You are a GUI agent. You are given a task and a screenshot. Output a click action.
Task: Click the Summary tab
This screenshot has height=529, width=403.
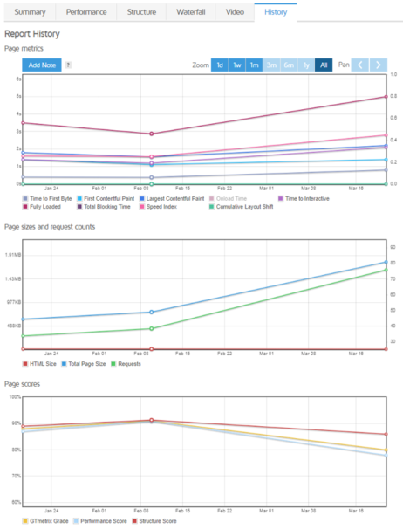click(x=29, y=12)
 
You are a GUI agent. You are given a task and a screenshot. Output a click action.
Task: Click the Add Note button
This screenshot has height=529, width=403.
click(x=41, y=65)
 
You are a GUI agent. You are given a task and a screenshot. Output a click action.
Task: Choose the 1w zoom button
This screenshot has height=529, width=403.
click(x=236, y=65)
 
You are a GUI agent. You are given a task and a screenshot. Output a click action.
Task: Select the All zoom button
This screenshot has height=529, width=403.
click(x=324, y=65)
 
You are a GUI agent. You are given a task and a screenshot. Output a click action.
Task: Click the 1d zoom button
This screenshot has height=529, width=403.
click(x=220, y=65)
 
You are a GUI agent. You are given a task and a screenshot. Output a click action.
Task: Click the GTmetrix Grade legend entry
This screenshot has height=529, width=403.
click(x=49, y=520)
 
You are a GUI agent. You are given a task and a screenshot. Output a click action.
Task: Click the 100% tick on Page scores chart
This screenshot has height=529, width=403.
click(x=14, y=396)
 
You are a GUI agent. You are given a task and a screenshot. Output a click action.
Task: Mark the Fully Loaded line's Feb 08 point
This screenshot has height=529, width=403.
click(x=152, y=134)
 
